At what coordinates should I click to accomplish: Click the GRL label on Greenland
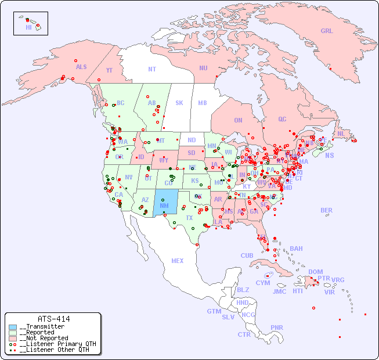coord(327,31)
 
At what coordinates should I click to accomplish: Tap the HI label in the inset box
coord(28,27)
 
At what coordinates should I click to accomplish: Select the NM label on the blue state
coord(164,206)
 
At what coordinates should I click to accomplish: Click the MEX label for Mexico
coord(178,261)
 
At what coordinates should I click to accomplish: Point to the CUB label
coord(247,255)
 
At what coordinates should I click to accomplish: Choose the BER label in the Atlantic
coord(326,210)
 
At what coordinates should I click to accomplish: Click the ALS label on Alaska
coord(81,67)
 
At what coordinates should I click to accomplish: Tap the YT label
coord(109,70)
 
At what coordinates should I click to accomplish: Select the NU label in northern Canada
coord(203,68)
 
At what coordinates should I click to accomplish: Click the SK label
coord(179,103)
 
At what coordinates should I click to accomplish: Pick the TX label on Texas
coord(189,218)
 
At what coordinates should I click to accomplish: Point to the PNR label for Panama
coord(277,327)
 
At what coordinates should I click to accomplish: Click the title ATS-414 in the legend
coord(53,319)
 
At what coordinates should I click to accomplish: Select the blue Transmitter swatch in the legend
coord(13,327)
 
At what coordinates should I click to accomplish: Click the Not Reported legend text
coord(44,338)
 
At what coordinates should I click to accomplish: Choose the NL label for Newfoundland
coord(341,134)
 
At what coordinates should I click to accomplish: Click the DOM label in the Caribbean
coord(315,272)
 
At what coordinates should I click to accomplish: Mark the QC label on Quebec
coord(282,119)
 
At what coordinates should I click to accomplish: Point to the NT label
coord(151,69)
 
